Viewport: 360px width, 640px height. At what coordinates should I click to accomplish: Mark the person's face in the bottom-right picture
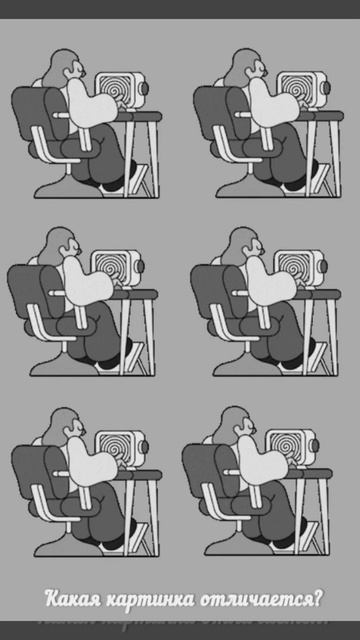click(x=247, y=425)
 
